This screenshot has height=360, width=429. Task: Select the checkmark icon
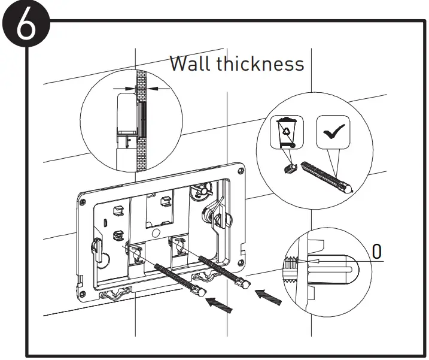click(x=333, y=132)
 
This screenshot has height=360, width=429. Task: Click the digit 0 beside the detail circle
click(x=376, y=252)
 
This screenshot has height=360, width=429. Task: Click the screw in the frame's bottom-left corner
click(x=83, y=294)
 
